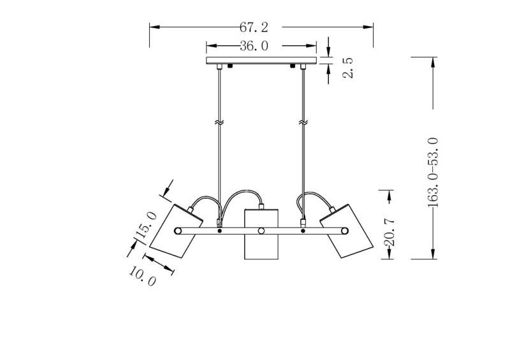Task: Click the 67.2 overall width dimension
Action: coord(254,27)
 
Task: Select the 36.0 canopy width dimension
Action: coord(254,46)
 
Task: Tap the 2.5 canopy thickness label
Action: coord(347,68)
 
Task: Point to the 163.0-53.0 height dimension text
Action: coord(433,173)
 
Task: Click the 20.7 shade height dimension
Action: coord(389,232)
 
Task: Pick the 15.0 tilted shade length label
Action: coord(146,226)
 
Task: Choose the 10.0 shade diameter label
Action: coord(142,276)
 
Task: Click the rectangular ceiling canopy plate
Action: coord(261,61)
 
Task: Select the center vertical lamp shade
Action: coord(261,234)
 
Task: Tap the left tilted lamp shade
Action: coord(176,231)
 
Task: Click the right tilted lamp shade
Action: coord(346,231)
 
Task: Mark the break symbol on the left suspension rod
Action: coord(219,123)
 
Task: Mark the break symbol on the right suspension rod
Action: coord(303,123)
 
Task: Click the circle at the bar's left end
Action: coord(178,231)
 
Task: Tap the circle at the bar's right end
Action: coord(344,231)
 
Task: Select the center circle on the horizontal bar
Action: coord(261,231)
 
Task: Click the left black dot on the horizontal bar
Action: coord(219,231)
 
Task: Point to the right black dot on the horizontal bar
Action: coord(303,231)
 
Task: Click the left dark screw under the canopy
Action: coord(231,66)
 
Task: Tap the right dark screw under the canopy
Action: coord(293,66)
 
